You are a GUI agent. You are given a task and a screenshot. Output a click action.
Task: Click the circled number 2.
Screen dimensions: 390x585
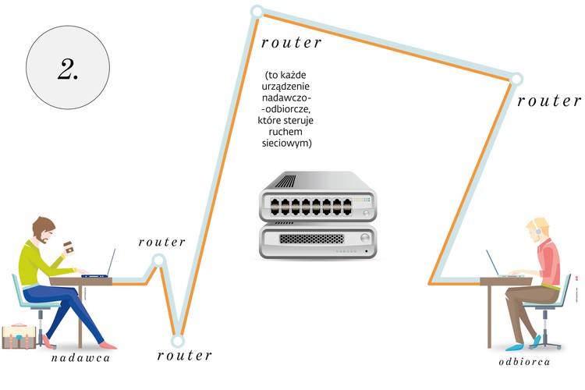[x=68, y=69]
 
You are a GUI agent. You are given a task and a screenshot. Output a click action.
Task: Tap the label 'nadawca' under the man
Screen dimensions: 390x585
[x=81, y=359]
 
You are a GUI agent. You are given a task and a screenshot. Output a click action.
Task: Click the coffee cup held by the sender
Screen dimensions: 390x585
[x=68, y=246]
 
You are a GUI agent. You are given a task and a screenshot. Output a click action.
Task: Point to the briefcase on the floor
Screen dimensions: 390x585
[x=22, y=336]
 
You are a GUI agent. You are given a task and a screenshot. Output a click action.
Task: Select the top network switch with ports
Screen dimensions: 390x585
[x=317, y=197]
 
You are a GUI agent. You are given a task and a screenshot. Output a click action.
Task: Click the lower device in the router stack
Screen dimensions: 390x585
[x=317, y=242]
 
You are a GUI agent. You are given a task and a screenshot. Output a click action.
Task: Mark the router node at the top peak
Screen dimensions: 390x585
[x=257, y=12]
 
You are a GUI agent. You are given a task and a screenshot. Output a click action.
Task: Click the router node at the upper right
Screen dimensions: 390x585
[x=516, y=79]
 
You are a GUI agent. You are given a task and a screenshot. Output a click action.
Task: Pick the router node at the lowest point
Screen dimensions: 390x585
[x=178, y=340]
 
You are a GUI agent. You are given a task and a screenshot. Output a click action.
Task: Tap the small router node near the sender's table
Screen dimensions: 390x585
[x=158, y=261]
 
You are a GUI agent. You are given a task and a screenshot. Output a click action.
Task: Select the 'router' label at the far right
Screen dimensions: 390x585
[x=549, y=101]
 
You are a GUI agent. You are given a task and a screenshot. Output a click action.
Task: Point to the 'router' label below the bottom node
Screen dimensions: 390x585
[x=184, y=356]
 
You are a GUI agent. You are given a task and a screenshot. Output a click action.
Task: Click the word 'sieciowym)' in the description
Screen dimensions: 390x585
[x=289, y=144]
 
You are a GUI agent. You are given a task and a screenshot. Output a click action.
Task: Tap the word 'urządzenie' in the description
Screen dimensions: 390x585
[x=289, y=88]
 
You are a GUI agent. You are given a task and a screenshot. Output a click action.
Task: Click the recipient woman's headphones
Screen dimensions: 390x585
[x=537, y=231]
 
